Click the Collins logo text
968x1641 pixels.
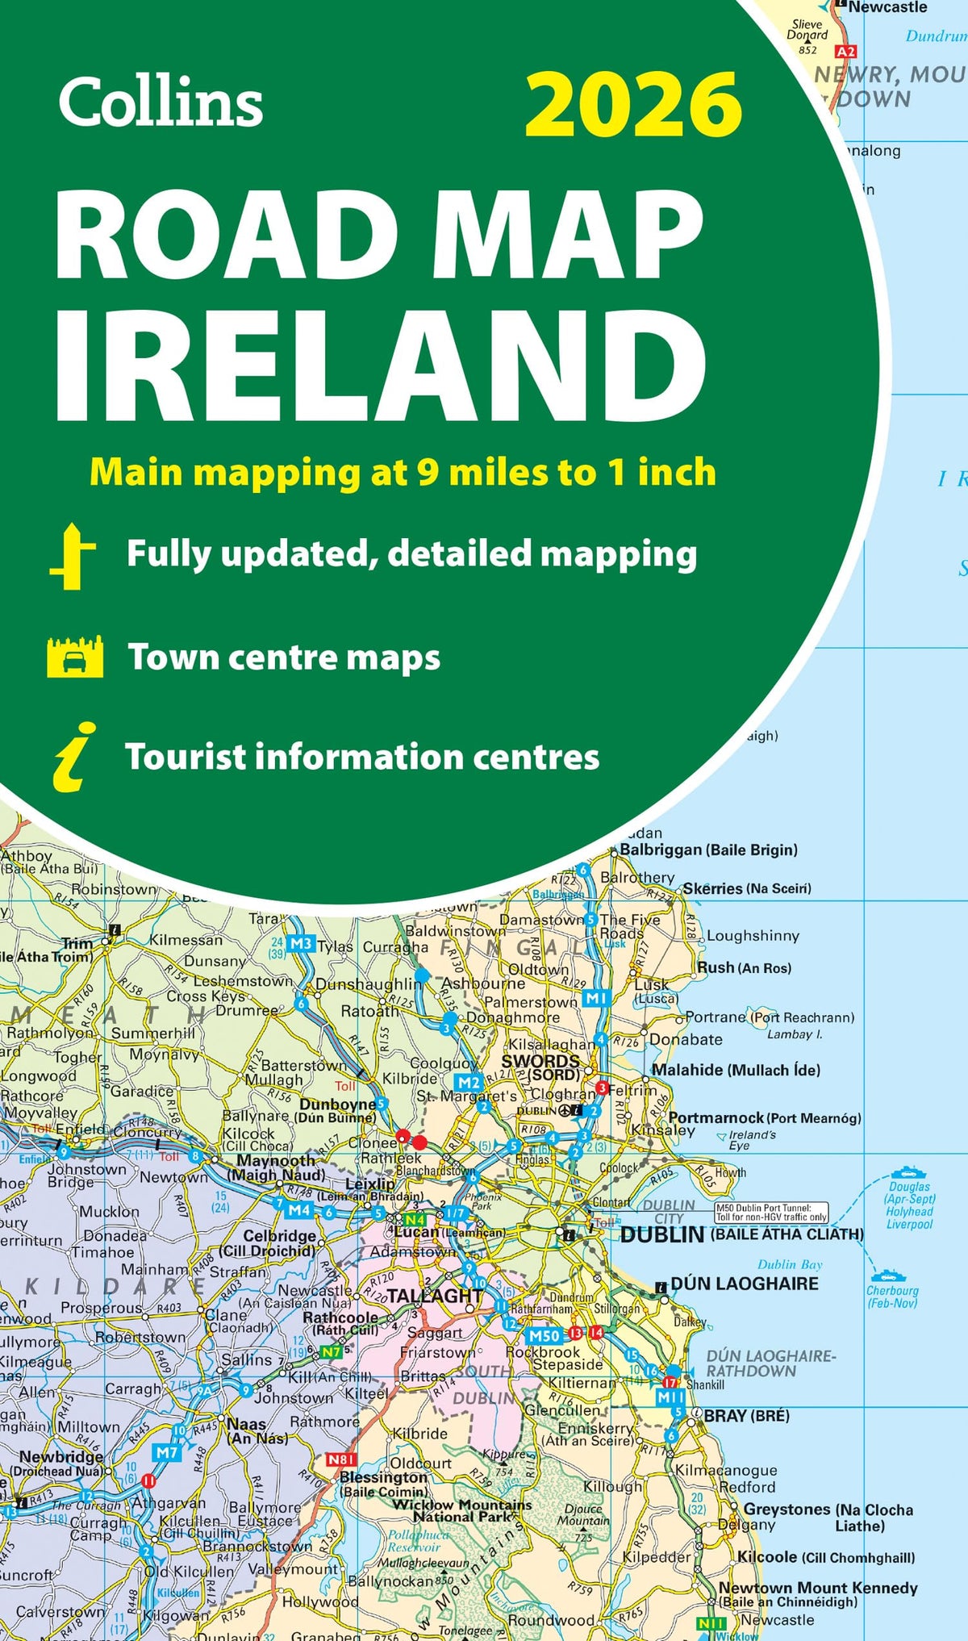point(161,102)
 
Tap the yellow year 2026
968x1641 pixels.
point(633,105)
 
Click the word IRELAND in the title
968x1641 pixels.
point(379,367)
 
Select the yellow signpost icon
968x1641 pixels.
point(73,556)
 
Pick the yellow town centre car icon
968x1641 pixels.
point(75,657)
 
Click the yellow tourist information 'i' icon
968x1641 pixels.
point(74,756)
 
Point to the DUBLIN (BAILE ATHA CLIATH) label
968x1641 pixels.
point(741,1235)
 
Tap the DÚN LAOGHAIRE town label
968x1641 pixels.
point(744,1284)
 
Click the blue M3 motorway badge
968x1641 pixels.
point(300,943)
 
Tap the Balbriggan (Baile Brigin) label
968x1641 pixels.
point(708,850)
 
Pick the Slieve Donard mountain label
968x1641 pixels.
point(807,30)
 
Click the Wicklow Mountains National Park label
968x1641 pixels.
point(472,1510)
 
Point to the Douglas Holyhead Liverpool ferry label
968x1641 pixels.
point(909,1205)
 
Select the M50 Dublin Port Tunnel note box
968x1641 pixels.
point(771,1212)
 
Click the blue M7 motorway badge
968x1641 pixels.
point(166,1453)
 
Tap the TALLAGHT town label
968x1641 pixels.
point(435,1296)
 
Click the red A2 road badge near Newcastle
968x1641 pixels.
point(845,52)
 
